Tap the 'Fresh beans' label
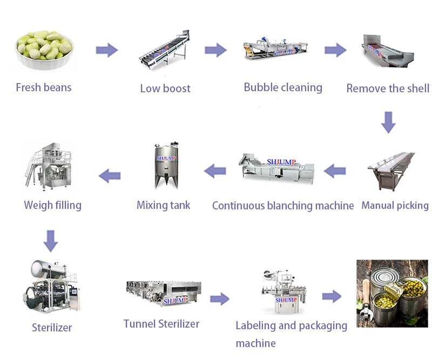click(44, 87)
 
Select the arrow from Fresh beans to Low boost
click(106, 51)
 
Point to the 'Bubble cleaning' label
click(283, 87)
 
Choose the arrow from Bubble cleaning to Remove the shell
click(335, 51)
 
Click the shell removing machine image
click(387, 52)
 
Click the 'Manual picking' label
click(395, 206)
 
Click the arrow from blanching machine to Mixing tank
click(215, 171)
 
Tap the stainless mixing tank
click(166, 165)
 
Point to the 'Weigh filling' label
click(52, 205)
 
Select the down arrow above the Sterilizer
click(51, 241)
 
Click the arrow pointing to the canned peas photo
click(332, 296)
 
